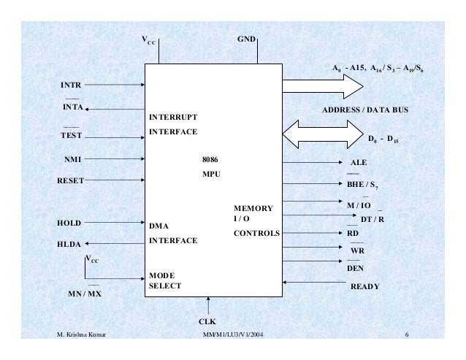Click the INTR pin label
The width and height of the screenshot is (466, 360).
pos(70,85)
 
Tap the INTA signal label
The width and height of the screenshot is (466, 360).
pos(71,109)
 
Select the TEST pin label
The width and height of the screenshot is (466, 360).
pos(71,135)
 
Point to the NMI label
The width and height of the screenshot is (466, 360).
pos(70,157)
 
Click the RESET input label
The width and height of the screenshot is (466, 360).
pos(71,179)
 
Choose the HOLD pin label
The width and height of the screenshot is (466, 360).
pos(69,223)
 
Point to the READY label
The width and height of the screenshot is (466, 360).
pos(365,287)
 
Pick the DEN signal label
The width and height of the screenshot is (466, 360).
pos(355,268)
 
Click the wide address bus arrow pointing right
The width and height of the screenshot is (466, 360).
pos(321,86)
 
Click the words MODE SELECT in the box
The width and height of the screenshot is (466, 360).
pos(164,280)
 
